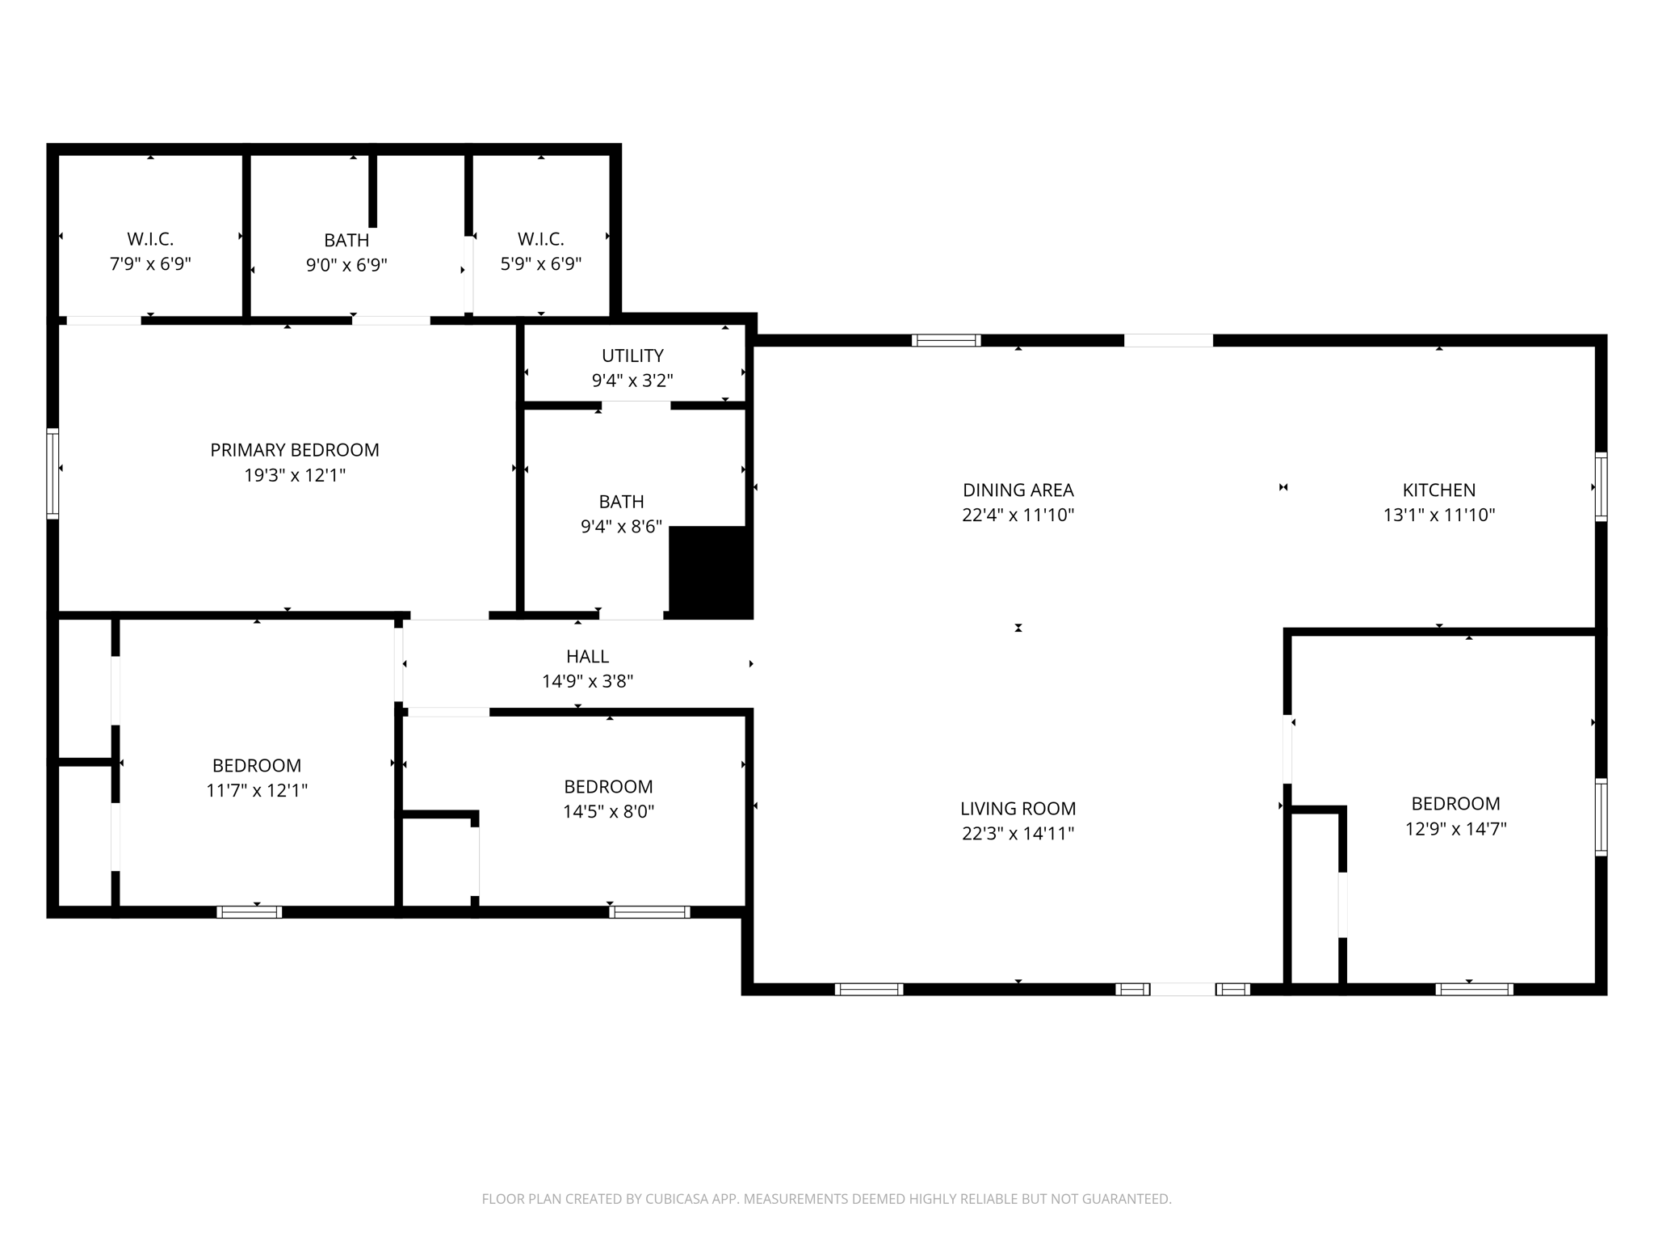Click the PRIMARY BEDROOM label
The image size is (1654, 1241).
[x=295, y=450]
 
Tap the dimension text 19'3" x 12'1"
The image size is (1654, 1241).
[x=295, y=475]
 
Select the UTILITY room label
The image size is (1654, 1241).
[x=632, y=355]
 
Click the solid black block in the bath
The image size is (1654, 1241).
[x=710, y=571]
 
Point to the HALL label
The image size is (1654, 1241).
[x=587, y=656]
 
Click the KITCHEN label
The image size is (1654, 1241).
[x=1438, y=490]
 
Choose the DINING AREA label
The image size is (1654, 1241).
[x=1018, y=490]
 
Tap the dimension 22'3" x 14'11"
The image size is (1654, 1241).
[x=1018, y=833]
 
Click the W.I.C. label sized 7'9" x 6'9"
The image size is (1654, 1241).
[x=150, y=239]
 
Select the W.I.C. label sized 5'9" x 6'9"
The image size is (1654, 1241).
[x=540, y=239]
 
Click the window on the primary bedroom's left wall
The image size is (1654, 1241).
[x=52, y=473]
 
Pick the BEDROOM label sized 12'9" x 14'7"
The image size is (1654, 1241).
[x=1455, y=803]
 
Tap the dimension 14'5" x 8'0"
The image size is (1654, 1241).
[x=608, y=811]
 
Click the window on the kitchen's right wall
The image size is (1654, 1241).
[x=1601, y=487]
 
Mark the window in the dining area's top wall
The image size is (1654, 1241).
[x=946, y=340]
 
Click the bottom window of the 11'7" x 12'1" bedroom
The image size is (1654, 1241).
[x=249, y=912]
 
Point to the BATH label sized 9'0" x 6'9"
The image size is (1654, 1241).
[x=346, y=240]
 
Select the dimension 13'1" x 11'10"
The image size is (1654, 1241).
[x=1438, y=515]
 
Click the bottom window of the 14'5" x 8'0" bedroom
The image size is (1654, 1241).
[x=649, y=912]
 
